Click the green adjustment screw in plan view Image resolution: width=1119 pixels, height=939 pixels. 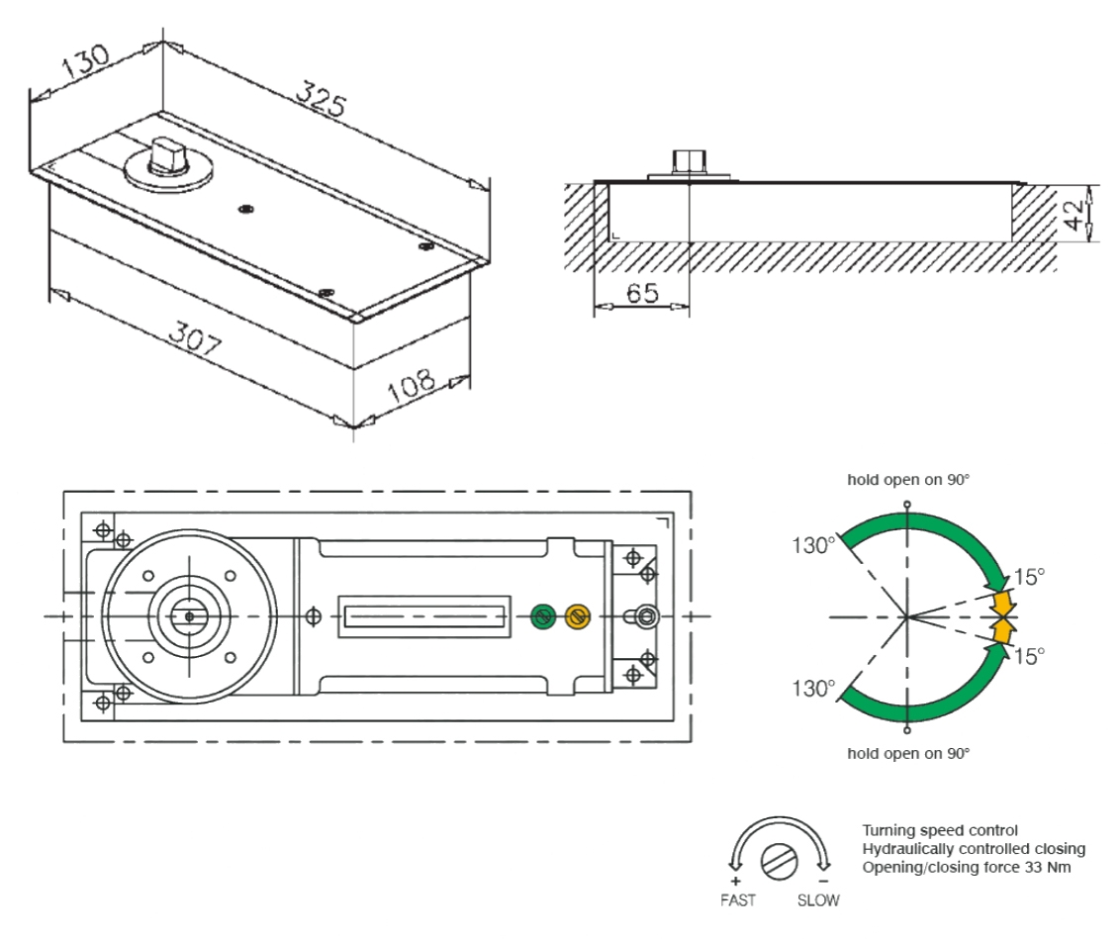coord(541,616)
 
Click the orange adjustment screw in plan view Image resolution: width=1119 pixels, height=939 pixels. coord(578,616)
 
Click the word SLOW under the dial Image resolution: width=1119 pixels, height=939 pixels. coord(818,900)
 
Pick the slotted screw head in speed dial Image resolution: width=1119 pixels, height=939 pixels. coord(778,861)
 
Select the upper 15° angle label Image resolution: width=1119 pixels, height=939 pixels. coord(1029,577)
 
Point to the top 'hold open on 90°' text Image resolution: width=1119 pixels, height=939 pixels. coord(908,480)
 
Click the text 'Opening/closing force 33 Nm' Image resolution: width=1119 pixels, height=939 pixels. coord(967,868)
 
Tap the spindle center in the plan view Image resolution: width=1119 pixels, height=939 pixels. coord(190,616)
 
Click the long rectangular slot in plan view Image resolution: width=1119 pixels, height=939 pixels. coord(424,616)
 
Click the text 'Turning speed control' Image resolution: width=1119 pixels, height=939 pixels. coord(940,830)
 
